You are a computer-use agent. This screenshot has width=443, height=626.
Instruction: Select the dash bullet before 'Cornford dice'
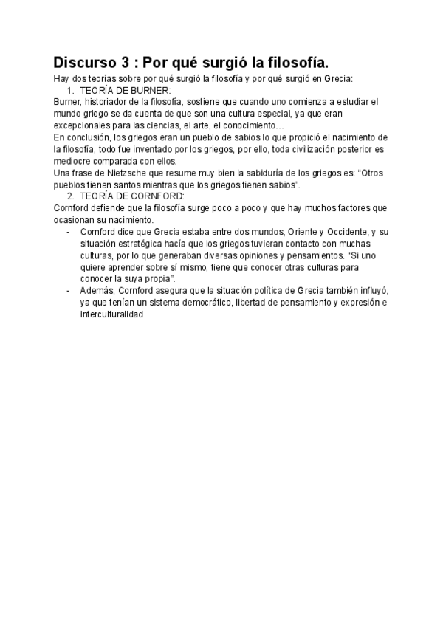(68, 232)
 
